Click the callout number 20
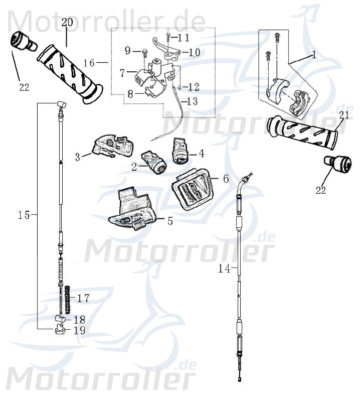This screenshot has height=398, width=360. tap(67, 22)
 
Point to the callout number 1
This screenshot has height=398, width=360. tap(314, 55)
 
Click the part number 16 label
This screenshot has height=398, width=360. tap(89, 63)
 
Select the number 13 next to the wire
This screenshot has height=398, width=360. tap(193, 101)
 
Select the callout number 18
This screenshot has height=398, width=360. tap(79, 319)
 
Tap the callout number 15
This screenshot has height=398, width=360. tap(24, 215)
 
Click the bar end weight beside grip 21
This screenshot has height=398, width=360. tap(335, 164)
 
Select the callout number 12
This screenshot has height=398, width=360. tap(194, 87)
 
